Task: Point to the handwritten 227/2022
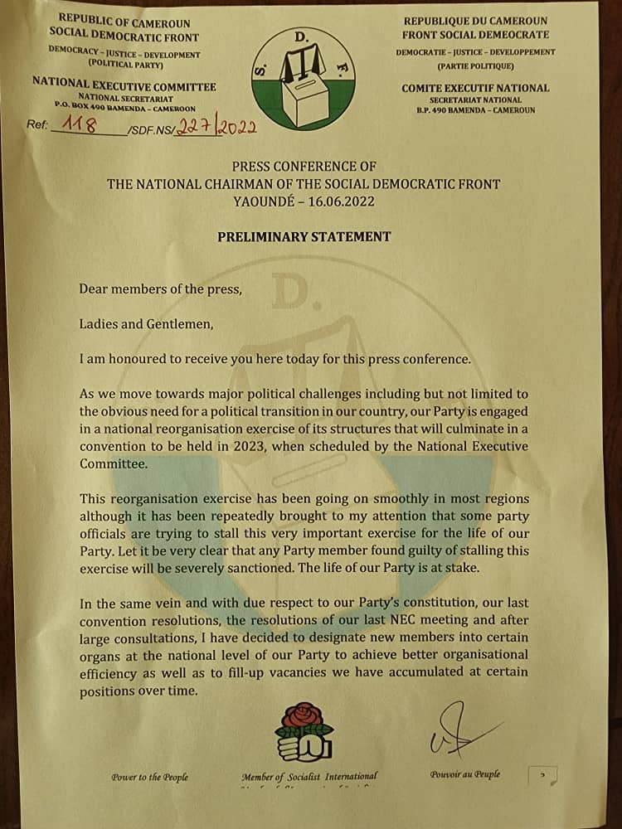pyautogui.click(x=221, y=127)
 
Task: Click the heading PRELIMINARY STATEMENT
pyautogui.click(x=304, y=236)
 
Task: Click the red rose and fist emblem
pyautogui.click(x=303, y=730)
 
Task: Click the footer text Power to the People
pyautogui.click(x=149, y=777)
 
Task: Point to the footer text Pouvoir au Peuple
pyautogui.click(x=464, y=774)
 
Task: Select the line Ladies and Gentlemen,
pyautogui.click(x=147, y=324)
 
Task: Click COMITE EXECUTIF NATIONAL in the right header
pyautogui.click(x=475, y=88)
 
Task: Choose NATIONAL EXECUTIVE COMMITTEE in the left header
pyautogui.click(x=124, y=86)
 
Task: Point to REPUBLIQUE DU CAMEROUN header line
pyautogui.click(x=475, y=20)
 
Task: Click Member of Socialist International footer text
pyautogui.click(x=309, y=777)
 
